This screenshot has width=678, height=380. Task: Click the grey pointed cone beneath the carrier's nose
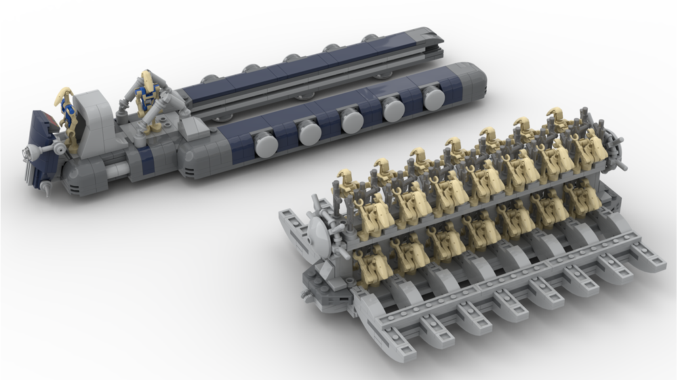(x=45, y=188)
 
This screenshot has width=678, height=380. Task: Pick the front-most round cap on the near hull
(x=265, y=144)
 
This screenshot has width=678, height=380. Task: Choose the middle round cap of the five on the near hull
(x=352, y=121)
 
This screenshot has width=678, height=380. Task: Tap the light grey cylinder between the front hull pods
(x=112, y=169)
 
